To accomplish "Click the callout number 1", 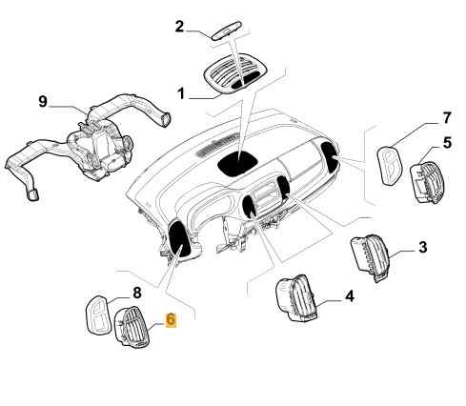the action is click(181, 93).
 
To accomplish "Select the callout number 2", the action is click(179, 27).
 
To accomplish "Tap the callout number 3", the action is click(422, 247).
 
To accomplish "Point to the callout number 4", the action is click(349, 296).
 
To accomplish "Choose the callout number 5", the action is click(447, 143).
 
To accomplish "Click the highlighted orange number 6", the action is click(171, 319).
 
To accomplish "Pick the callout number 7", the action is click(447, 118).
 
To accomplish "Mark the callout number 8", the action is click(137, 293).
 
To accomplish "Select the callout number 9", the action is click(43, 102).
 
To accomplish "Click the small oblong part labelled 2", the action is click(227, 30).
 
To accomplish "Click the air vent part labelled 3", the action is click(371, 257).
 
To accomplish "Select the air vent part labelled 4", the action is click(296, 298).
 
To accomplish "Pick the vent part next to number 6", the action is click(132, 327).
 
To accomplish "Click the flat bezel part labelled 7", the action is click(390, 166).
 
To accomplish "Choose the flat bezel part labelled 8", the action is click(100, 315).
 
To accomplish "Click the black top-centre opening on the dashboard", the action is click(237, 163).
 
